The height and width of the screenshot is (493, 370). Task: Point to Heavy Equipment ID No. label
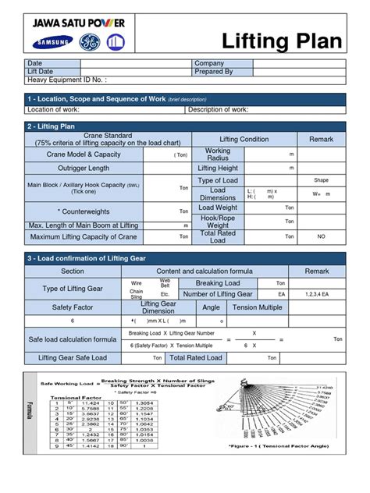point(67,80)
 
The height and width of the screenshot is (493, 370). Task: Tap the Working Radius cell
point(218,154)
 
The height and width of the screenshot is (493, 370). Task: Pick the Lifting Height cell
point(218,168)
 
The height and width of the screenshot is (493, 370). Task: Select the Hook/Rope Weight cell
point(218,222)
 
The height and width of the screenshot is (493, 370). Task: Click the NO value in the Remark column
point(321,236)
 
